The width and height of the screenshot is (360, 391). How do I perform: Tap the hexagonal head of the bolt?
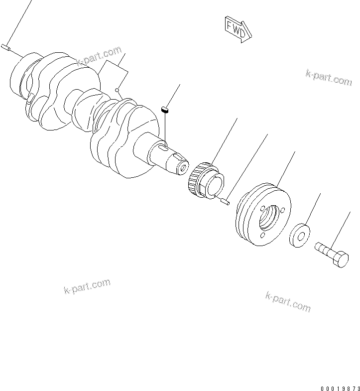[340, 259]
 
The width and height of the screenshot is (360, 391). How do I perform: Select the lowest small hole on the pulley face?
[263, 235]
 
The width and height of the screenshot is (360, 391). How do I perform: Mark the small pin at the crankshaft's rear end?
[5, 47]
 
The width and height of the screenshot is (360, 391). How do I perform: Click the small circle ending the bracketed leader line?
[117, 90]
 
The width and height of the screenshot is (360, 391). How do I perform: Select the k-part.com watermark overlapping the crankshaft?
[99, 56]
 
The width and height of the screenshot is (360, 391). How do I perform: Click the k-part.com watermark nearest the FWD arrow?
[328, 78]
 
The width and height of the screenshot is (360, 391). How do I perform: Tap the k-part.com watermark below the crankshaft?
[87, 286]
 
